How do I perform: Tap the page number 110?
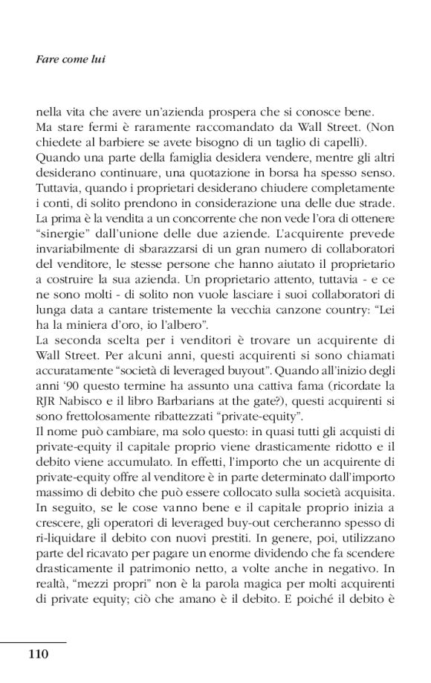coord(39,655)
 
